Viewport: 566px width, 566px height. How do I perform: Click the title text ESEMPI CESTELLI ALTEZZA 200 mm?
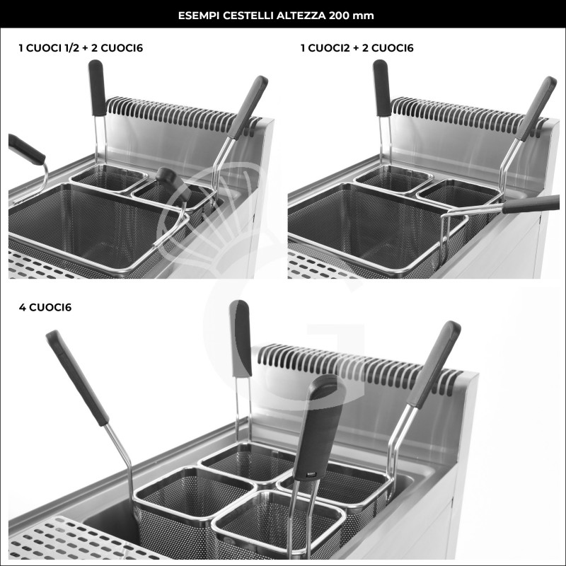(x=283, y=14)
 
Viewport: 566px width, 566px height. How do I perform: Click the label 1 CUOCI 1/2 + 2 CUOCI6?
(x=85, y=48)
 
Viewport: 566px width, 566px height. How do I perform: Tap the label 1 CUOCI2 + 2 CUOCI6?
(x=357, y=48)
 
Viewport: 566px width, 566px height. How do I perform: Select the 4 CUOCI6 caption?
(x=46, y=308)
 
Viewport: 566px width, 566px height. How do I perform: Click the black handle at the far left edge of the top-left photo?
(x=25, y=149)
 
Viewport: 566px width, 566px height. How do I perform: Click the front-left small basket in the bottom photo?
(x=185, y=499)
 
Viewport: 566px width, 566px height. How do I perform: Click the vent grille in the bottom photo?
(x=354, y=364)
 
